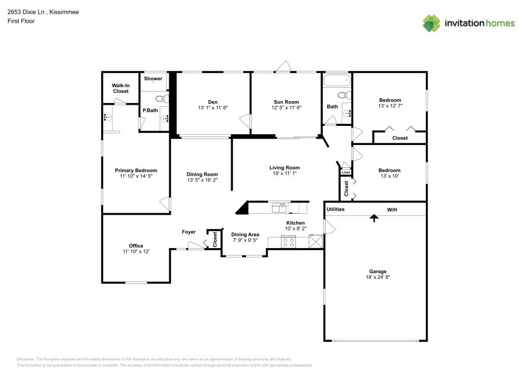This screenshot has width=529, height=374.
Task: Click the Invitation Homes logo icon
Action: (431, 23)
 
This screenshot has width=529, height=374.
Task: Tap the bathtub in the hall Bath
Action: (336, 81)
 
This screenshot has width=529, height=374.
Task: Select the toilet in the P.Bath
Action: (161, 98)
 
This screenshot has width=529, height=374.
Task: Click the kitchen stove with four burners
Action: (289, 242)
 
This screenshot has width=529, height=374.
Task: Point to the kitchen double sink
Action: (279, 208)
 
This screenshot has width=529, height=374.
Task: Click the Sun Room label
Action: (286, 102)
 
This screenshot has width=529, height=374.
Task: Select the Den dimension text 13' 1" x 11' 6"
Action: (213, 108)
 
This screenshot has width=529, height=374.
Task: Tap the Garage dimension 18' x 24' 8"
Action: (378, 277)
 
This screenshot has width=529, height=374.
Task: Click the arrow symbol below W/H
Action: (375, 217)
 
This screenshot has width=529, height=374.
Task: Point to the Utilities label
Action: (335, 209)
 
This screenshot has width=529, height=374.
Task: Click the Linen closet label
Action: (345, 172)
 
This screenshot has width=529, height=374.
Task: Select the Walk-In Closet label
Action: (121, 88)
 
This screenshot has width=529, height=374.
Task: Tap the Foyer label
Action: (189, 232)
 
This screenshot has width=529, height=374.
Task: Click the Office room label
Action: (136, 245)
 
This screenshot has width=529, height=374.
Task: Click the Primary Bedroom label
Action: (136, 170)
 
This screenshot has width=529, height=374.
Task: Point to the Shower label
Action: (153, 79)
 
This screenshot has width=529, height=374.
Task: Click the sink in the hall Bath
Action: (347, 113)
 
